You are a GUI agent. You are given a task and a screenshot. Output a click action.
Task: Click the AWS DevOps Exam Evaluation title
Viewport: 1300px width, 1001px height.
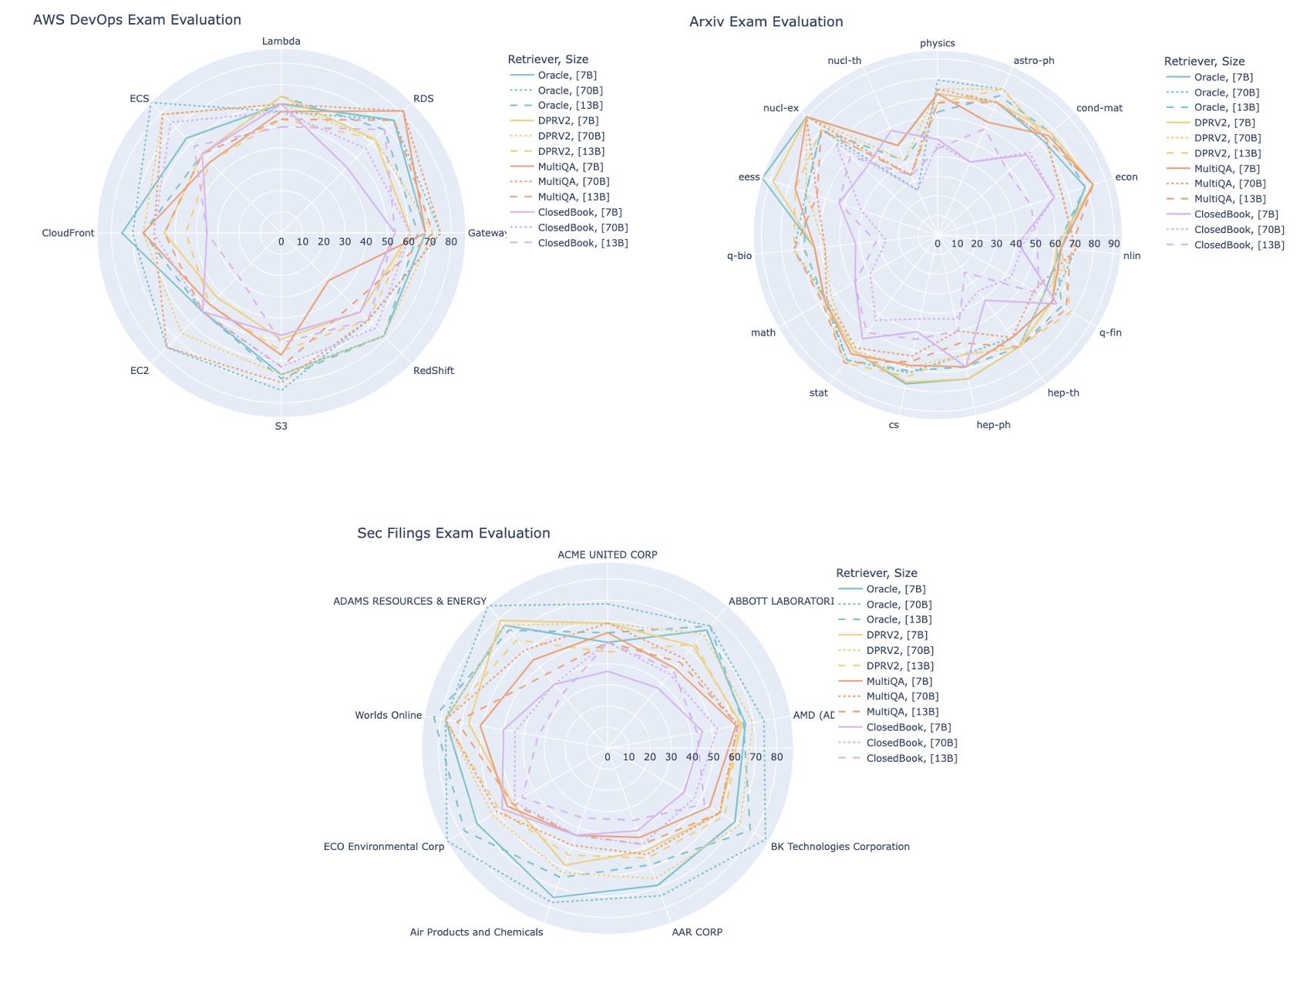(136, 20)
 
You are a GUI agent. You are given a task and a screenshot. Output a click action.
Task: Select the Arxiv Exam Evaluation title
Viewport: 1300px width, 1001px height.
(766, 22)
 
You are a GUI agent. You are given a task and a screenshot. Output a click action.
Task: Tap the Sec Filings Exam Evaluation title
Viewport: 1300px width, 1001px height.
(453, 533)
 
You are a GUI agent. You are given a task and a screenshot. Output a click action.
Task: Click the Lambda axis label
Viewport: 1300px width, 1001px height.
(281, 41)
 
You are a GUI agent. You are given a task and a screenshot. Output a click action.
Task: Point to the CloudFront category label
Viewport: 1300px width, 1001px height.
(69, 233)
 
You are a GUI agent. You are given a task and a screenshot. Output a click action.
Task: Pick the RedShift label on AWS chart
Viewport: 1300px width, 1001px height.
(433, 370)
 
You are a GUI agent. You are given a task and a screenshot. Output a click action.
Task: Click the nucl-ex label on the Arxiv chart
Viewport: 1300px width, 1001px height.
(780, 108)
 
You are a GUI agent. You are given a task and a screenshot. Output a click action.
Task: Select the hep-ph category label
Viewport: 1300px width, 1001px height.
(993, 425)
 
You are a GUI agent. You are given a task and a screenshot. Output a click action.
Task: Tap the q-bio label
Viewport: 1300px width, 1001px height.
(739, 255)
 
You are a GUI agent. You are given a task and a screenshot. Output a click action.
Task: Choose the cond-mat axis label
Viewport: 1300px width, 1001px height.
(1099, 108)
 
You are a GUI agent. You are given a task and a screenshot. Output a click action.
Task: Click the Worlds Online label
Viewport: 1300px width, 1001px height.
(388, 715)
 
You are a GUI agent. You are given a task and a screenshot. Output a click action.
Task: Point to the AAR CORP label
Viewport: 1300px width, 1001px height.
(697, 932)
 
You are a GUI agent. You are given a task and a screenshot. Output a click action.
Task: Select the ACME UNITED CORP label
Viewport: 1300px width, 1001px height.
(607, 554)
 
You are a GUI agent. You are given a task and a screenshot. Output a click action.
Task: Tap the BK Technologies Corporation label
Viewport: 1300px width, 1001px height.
(840, 846)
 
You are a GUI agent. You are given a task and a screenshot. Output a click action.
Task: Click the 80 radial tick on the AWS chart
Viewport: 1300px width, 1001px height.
(451, 242)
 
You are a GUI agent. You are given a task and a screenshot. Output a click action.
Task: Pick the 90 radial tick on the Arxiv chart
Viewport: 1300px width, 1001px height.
(1113, 244)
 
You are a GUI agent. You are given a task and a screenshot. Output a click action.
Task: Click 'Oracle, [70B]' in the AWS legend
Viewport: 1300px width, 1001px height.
(570, 90)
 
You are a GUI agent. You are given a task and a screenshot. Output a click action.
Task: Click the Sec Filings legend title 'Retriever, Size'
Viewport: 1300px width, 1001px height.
(876, 573)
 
